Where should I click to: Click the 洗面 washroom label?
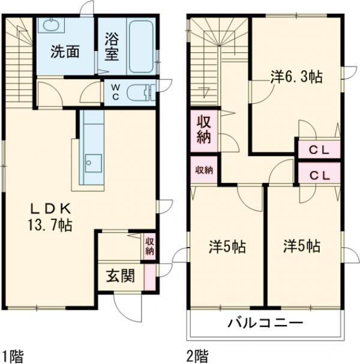pyautogui.click(x=65, y=52)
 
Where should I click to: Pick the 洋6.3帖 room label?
pyautogui.click(x=296, y=77)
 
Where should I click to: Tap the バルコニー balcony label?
pyautogui.click(x=265, y=324)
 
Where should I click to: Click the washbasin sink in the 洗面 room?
pyautogui.click(x=51, y=26)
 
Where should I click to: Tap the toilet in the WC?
pyautogui.click(x=142, y=92)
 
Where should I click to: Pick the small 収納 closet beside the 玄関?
pyautogui.click(x=149, y=245)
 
